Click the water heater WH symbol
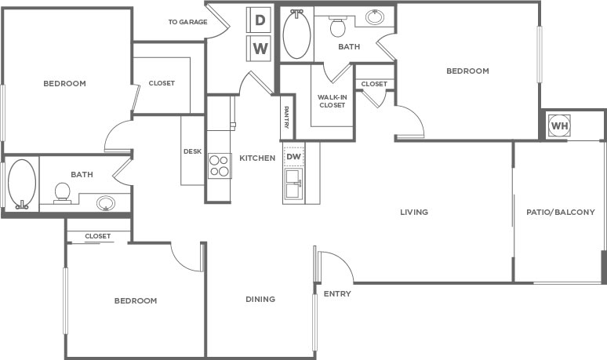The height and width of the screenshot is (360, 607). [x=559, y=125]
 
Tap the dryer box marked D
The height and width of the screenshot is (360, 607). [x=260, y=20]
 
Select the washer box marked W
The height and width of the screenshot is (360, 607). [x=260, y=49]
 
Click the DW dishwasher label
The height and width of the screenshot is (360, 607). [x=294, y=157]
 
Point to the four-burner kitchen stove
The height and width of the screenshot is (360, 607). [x=219, y=165]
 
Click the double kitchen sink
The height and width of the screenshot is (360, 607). [x=294, y=184]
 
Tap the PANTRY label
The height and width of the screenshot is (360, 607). [x=286, y=118]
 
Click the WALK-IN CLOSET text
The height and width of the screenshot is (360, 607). [x=333, y=101]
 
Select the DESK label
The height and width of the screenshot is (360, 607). [x=192, y=151]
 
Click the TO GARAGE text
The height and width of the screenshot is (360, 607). [x=187, y=22]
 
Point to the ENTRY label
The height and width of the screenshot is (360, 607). [x=337, y=294]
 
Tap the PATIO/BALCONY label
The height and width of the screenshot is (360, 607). [x=561, y=212]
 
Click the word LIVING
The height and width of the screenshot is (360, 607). [x=414, y=212]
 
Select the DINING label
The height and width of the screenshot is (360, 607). [x=260, y=300]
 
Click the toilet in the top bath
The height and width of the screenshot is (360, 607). [x=338, y=26]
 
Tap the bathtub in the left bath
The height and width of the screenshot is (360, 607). [x=22, y=184]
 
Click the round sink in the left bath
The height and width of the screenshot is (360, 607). [x=106, y=203]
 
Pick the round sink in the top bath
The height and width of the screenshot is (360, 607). [x=375, y=16]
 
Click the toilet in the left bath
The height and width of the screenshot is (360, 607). [x=62, y=193]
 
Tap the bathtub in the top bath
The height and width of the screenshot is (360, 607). [x=296, y=34]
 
